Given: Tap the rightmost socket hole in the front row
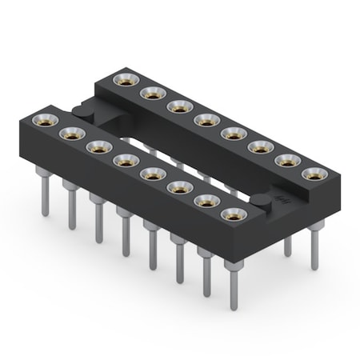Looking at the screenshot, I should (x=234, y=214).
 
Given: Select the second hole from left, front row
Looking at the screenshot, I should (x=70, y=134).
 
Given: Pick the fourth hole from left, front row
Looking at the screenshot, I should (x=125, y=161).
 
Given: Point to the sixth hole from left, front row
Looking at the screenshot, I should (x=179, y=187).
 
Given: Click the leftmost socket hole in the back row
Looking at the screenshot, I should (x=126, y=79).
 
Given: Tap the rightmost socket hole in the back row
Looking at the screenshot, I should (x=314, y=173).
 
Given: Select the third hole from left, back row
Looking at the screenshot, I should (x=179, y=106).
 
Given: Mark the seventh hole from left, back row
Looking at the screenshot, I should (x=287, y=160).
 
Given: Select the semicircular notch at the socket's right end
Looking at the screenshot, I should (x=262, y=202).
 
